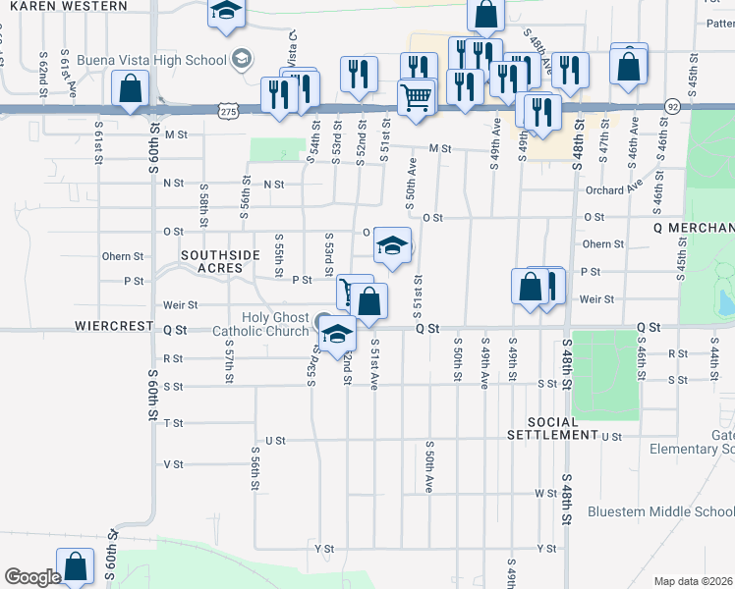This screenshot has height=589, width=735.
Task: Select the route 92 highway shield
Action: pos(672,105)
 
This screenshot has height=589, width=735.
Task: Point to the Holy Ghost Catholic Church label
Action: pos(260,324)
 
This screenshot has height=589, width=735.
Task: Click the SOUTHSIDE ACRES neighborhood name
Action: pos(220,261)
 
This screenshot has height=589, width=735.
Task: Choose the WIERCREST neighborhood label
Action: pos(113,325)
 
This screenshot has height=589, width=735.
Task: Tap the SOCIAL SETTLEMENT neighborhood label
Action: pos(552,427)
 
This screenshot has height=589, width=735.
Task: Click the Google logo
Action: pos(31,577)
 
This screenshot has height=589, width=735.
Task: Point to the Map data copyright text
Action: pos(694,581)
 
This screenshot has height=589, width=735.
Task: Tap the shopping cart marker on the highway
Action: pos(416,97)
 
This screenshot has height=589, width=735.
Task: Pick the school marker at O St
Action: pos(392,245)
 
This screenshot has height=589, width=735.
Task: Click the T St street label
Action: pos(174,422)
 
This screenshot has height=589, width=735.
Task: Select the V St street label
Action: pos(174,463)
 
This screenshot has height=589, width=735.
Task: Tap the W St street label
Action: pos(546,493)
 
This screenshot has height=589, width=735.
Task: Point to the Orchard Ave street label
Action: pos(612,190)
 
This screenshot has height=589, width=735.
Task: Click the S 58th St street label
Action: pos(203,199)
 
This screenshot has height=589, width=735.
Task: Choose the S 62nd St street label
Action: pos(44,74)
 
